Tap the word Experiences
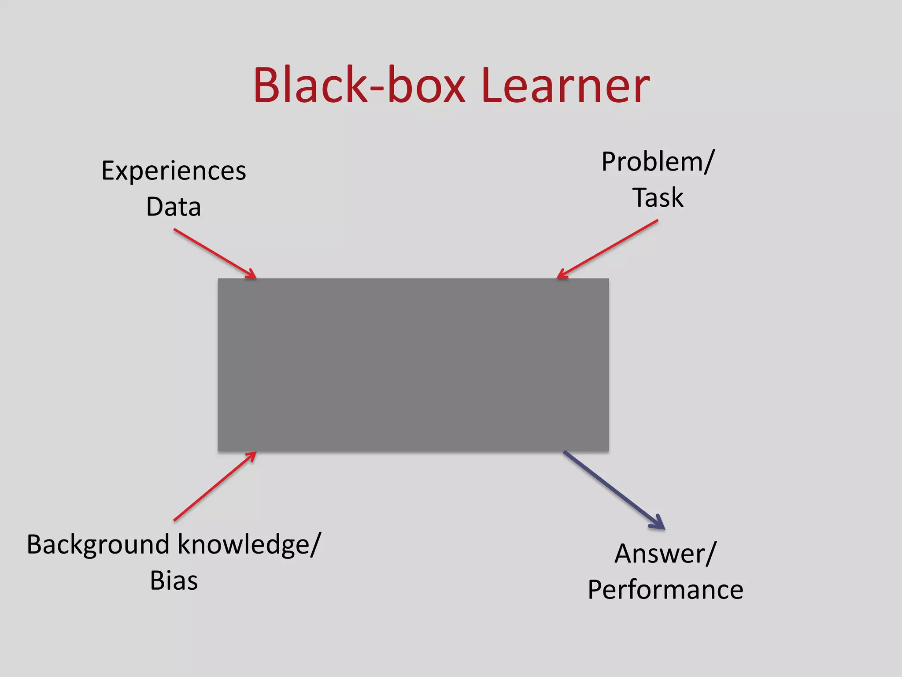(x=174, y=171)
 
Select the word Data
(x=174, y=207)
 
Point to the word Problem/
(x=658, y=162)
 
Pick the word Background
(x=98, y=545)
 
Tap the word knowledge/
(x=250, y=545)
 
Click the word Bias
(x=174, y=580)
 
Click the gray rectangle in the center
(x=413, y=365)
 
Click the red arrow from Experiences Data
(x=214, y=253)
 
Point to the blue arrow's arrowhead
(x=658, y=523)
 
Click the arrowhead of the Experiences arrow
(x=251, y=274)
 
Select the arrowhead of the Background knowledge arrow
(x=251, y=456)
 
